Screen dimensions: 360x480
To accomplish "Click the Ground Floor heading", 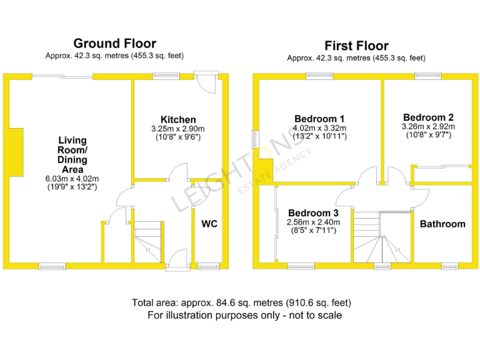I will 114,43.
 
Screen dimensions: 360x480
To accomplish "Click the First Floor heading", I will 356,46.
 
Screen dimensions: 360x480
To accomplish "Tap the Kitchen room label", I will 178,119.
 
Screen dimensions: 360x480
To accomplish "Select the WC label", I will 209,224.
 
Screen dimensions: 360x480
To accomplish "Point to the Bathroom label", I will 442,224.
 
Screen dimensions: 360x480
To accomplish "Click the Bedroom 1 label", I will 319,118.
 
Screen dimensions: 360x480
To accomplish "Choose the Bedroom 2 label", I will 428,117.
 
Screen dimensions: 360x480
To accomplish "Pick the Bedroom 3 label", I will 312,212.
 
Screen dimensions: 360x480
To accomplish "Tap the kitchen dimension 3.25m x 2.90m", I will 178,129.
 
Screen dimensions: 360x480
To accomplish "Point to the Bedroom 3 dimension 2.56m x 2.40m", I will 312,222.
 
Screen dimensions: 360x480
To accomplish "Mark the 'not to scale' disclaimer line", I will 244,316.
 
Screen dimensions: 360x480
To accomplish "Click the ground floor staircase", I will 149,241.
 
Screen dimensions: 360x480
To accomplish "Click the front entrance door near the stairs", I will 177,260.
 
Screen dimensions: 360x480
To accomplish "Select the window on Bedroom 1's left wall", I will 255,139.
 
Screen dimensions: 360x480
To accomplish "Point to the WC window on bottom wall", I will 205,267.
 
